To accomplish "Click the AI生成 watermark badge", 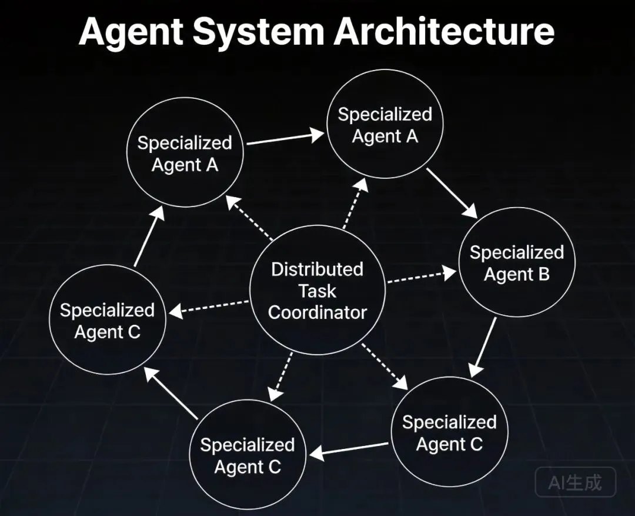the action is pyautogui.click(x=576, y=482).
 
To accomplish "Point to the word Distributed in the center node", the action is pyautogui.click(x=317, y=269).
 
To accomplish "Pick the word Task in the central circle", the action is pyautogui.click(x=317, y=291).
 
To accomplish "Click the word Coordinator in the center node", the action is pyautogui.click(x=317, y=312).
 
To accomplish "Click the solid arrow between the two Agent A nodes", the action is pyautogui.click(x=285, y=138).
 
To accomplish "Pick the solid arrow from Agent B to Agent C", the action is pyautogui.click(x=483, y=347).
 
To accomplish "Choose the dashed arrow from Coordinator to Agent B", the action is pyautogui.click(x=421, y=277).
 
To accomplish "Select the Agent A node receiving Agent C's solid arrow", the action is pyautogui.click(x=185, y=153).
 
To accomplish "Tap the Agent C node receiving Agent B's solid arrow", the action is pyautogui.click(x=449, y=433).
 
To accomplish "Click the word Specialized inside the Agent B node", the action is pyautogui.click(x=516, y=252).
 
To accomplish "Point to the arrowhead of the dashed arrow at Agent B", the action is pyautogui.click(x=450, y=272).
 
